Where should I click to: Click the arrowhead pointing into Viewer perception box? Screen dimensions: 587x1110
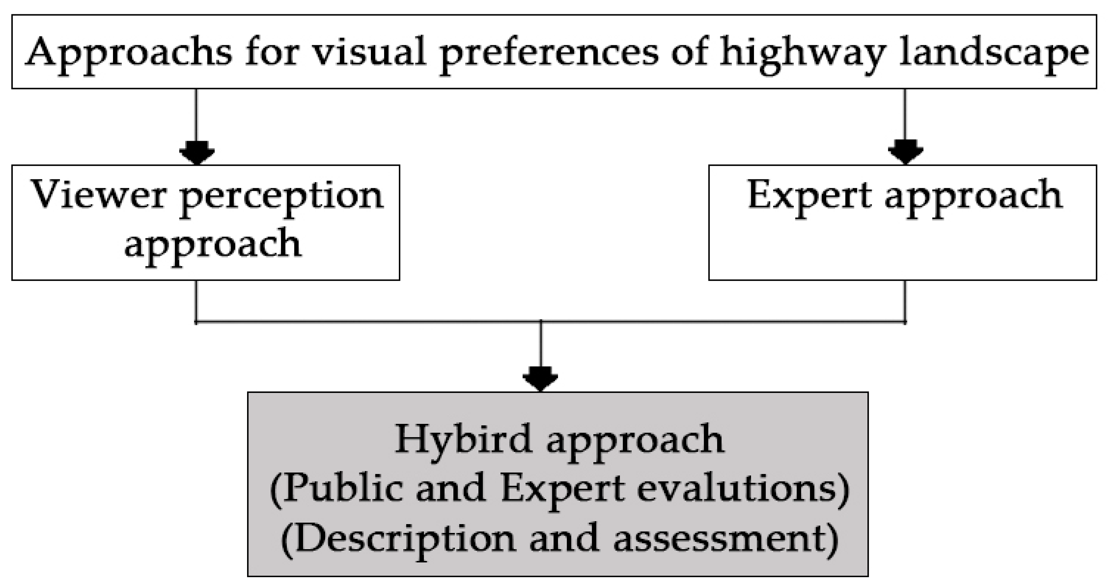pos(196,153)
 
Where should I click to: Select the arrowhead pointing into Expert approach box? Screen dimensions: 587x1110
pos(905,153)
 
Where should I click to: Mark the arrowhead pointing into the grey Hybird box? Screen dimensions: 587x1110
pos(540,380)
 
